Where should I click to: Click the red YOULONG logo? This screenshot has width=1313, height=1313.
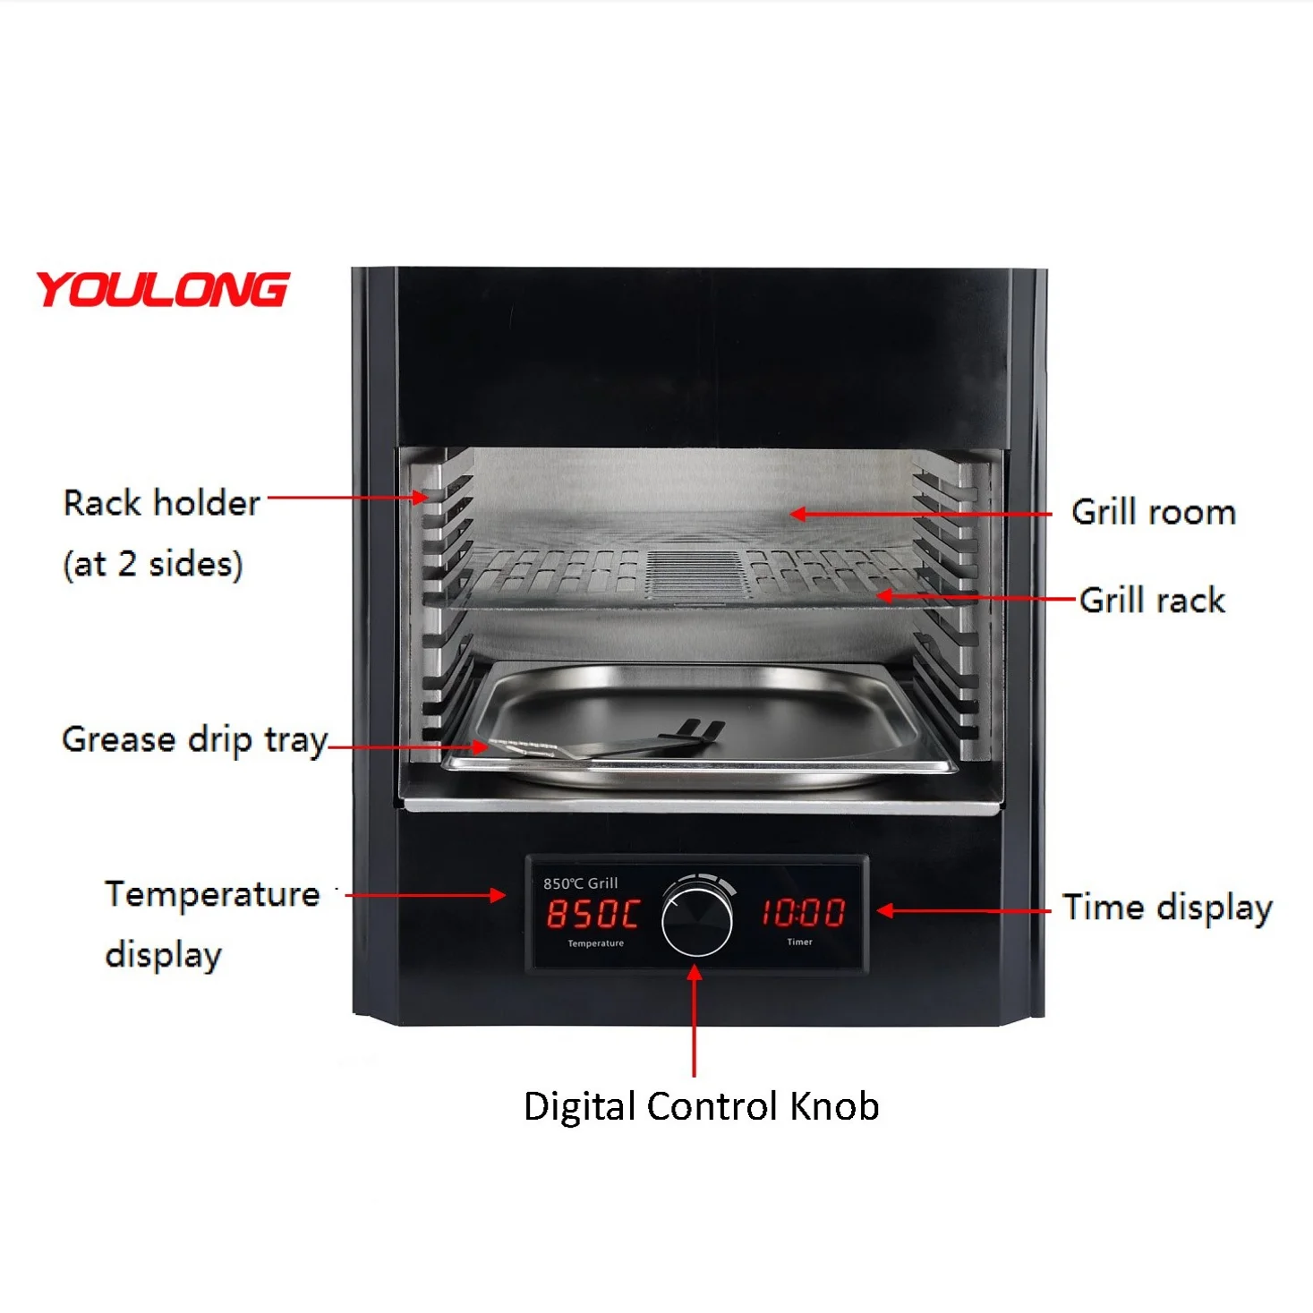[162, 290]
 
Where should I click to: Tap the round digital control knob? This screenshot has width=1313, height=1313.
[696, 918]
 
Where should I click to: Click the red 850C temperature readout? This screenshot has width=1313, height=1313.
[593, 913]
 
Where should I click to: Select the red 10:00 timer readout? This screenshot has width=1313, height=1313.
[803, 912]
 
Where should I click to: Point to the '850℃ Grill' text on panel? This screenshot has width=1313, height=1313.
[580, 883]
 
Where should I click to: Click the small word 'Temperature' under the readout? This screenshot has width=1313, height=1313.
[595, 943]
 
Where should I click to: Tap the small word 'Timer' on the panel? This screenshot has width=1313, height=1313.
[799, 942]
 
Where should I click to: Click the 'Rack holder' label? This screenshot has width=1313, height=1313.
[161, 503]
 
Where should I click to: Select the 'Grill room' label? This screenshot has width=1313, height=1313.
[1153, 512]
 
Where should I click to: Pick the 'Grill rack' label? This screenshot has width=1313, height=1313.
[1152, 600]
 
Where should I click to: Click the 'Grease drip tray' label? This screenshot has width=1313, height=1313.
[194, 740]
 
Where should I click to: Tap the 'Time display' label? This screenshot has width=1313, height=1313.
[1167, 908]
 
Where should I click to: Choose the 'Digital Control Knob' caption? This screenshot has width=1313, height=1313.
[701, 1106]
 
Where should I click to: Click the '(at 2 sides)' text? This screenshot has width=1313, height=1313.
[153, 564]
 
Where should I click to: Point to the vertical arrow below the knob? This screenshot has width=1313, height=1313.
[695, 1020]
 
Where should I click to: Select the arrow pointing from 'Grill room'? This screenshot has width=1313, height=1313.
[922, 514]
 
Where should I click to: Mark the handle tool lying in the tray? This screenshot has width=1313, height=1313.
[609, 746]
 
